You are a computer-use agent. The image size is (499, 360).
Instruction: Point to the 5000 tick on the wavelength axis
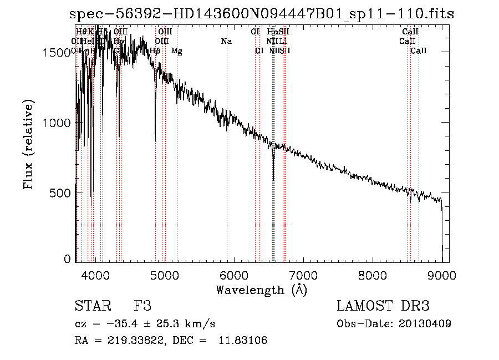(164, 274)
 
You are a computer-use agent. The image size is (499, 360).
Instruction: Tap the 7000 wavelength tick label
(303, 274)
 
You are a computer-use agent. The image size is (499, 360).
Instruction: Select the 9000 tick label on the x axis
(442, 274)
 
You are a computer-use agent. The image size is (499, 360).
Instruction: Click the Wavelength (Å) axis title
(261, 289)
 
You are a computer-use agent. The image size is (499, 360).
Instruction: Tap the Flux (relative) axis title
(28, 145)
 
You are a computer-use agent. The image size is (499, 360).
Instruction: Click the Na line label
(226, 42)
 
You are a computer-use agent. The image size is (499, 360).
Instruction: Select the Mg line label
(177, 51)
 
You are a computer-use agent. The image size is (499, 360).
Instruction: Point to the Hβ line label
(155, 51)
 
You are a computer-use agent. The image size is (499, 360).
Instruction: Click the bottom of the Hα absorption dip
(273, 179)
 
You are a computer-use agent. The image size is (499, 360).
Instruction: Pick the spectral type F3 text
(142, 306)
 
